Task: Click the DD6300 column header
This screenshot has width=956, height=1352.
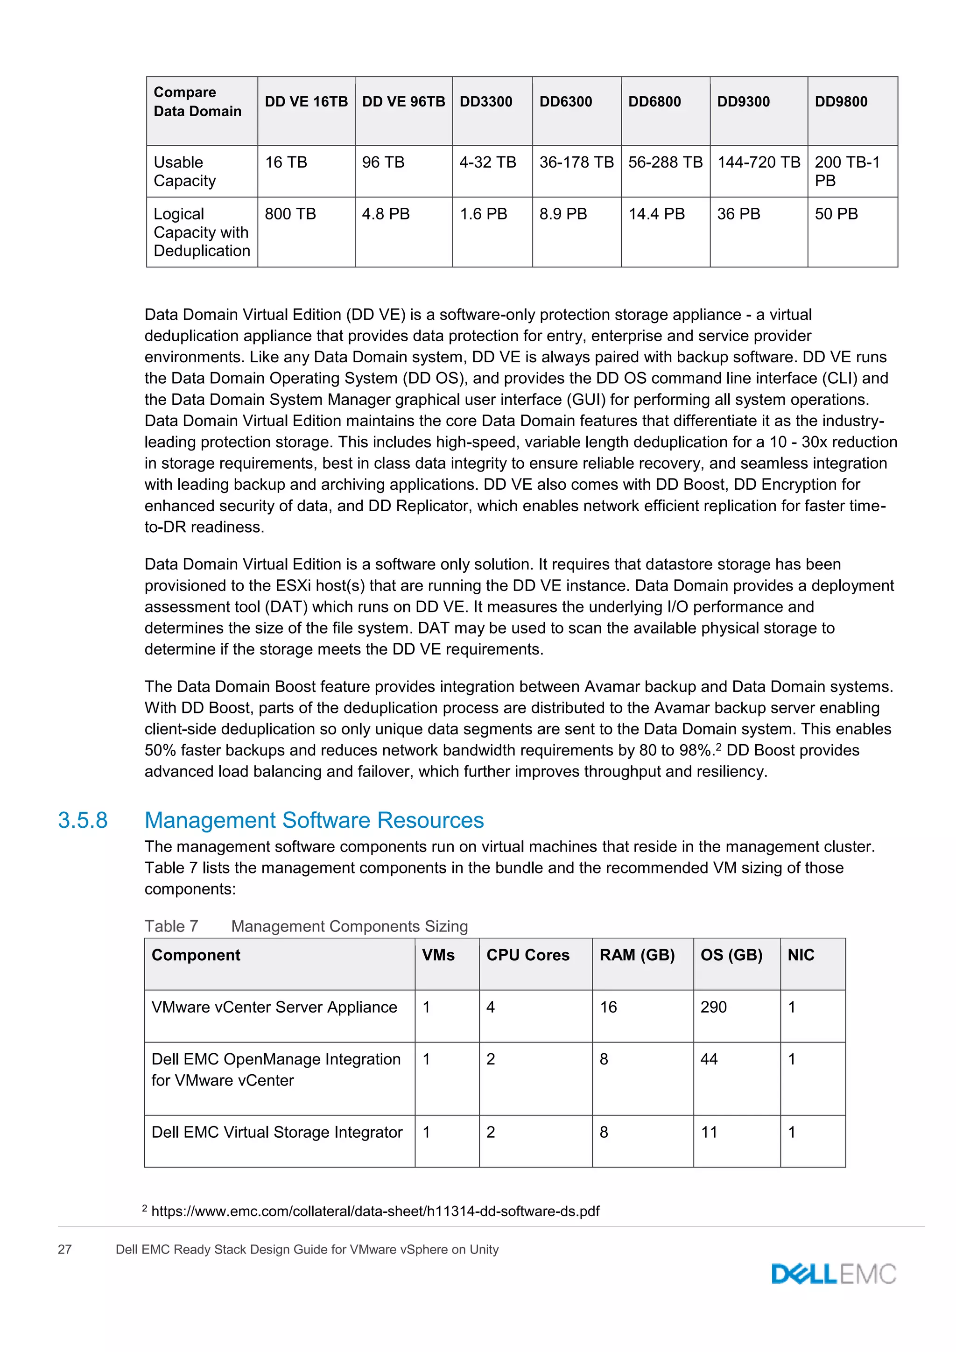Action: coord(565,101)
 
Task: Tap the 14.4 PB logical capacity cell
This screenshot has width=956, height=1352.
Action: coord(656,214)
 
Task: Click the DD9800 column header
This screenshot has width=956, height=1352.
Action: coord(841,101)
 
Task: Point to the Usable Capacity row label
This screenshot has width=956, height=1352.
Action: coord(184,171)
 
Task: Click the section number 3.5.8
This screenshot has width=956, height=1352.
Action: coord(83,820)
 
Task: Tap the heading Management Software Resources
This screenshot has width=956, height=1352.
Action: coord(314,820)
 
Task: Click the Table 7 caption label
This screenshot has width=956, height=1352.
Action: coord(171,926)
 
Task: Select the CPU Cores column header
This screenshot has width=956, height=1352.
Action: coord(527,955)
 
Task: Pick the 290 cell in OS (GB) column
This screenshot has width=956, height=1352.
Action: coord(713,1007)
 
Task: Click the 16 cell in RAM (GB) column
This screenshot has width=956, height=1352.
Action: coord(608,1007)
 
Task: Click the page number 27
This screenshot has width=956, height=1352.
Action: coord(65,1250)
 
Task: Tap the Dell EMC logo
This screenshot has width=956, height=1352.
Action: coord(834,1274)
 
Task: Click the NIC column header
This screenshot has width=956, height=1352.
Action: coord(801,955)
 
